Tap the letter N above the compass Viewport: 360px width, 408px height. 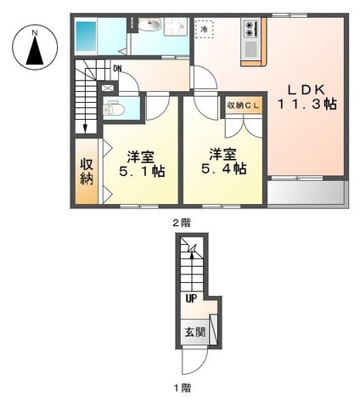coord(34,31)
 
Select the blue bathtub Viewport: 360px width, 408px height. coord(88,37)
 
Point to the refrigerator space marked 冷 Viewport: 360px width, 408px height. coord(205,30)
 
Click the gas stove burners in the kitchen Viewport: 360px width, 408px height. coord(250,30)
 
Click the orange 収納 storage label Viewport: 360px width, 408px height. coord(87,173)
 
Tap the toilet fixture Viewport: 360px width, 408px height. coord(115,108)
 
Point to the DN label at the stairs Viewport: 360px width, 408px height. coord(116,68)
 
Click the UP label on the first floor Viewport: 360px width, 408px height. coord(192,297)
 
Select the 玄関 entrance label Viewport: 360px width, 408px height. coord(194,331)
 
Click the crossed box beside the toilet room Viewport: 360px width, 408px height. coord(107,88)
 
